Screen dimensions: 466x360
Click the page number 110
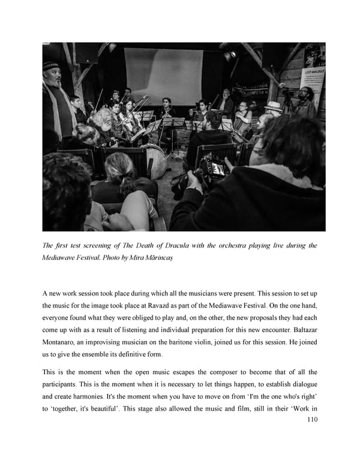[311, 420]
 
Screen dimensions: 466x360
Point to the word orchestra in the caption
[218, 246]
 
